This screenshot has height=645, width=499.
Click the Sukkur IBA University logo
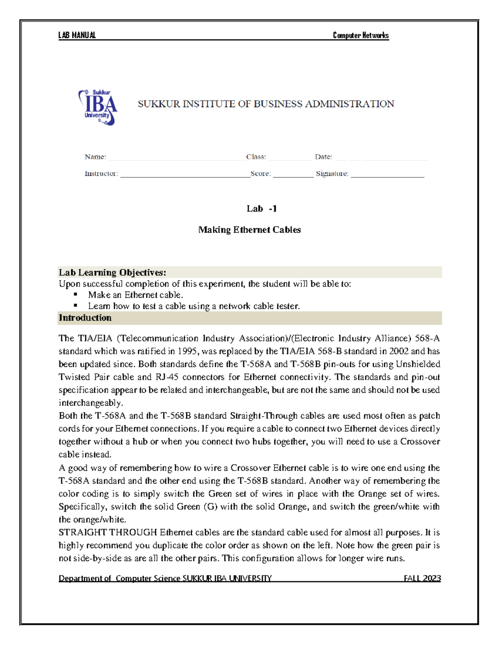(98, 107)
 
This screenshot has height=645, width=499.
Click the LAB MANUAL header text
(77, 35)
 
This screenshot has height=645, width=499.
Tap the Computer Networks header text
(361, 35)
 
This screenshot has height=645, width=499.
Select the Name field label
(95, 157)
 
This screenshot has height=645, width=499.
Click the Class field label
(256, 157)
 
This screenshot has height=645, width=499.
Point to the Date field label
(323, 157)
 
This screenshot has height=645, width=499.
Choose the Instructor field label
(101, 174)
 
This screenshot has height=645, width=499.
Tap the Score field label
(261, 174)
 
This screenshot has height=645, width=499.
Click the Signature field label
(332, 174)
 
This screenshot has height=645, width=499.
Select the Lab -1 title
(262, 209)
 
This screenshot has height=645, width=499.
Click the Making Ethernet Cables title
(249, 230)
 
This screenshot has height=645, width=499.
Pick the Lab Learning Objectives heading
(112, 272)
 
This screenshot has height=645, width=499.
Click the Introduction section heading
(85, 318)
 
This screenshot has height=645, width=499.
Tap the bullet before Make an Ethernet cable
(76, 294)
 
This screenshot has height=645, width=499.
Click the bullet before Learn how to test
(76, 305)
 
